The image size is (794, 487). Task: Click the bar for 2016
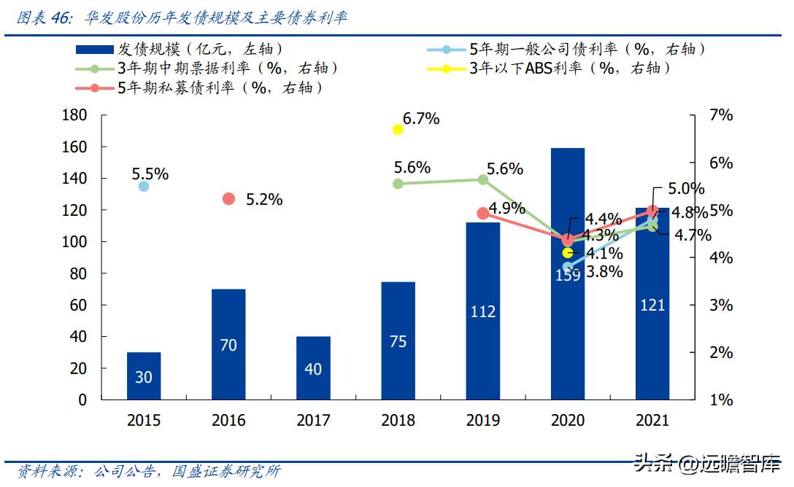(x=228, y=344)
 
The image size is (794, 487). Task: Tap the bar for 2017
(x=313, y=367)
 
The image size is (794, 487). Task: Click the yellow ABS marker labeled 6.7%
(x=398, y=130)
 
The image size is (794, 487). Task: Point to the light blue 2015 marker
(x=144, y=187)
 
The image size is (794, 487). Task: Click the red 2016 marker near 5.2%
(x=228, y=199)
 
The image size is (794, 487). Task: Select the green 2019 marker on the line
(x=482, y=179)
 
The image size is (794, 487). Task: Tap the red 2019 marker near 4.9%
(x=482, y=214)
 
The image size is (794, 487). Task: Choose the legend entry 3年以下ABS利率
(x=569, y=69)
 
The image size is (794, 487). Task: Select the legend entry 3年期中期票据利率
(x=227, y=69)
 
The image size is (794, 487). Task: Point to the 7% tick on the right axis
(x=720, y=116)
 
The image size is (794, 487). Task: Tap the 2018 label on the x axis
(x=398, y=421)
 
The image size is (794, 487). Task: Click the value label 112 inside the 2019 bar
(x=482, y=312)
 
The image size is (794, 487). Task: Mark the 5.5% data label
(x=150, y=174)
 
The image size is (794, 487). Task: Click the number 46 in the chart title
(x=61, y=18)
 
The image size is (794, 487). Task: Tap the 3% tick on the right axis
(x=720, y=305)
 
